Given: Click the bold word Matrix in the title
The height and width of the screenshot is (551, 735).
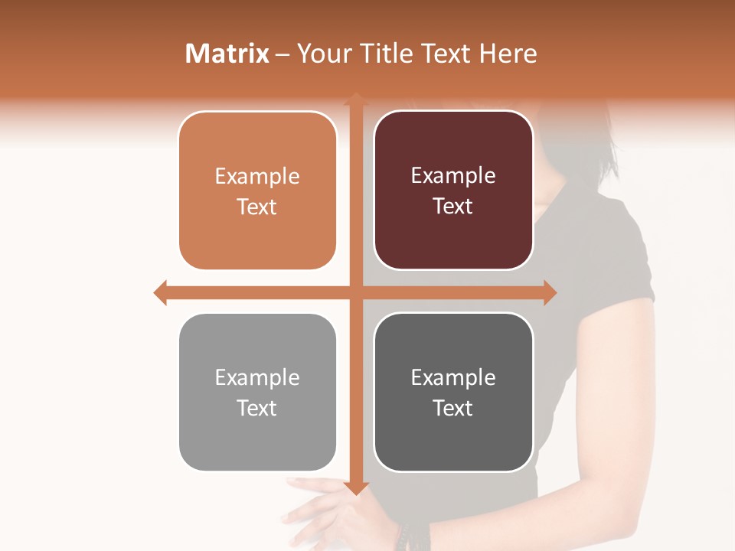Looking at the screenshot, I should coord(227,54).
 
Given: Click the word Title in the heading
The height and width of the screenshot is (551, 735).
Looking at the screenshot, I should coord(385,54).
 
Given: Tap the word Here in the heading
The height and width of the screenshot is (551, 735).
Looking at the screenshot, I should coord(508,54).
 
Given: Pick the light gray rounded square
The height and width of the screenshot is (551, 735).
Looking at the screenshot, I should coord(257,436).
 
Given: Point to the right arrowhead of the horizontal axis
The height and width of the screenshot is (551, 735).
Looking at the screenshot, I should coord(549,292).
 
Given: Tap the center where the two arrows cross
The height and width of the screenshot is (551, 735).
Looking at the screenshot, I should coord(355,292).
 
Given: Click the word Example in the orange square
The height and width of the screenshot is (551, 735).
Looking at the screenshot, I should coord(257,177).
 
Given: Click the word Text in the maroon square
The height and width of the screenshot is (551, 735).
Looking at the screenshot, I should coord(453,207).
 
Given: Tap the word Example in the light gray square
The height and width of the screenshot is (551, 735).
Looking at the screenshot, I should coord(257,378).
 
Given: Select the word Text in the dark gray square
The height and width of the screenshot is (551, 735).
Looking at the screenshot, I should coord(453,408).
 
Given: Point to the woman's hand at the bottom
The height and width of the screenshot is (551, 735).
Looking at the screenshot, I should coord(329,513).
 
